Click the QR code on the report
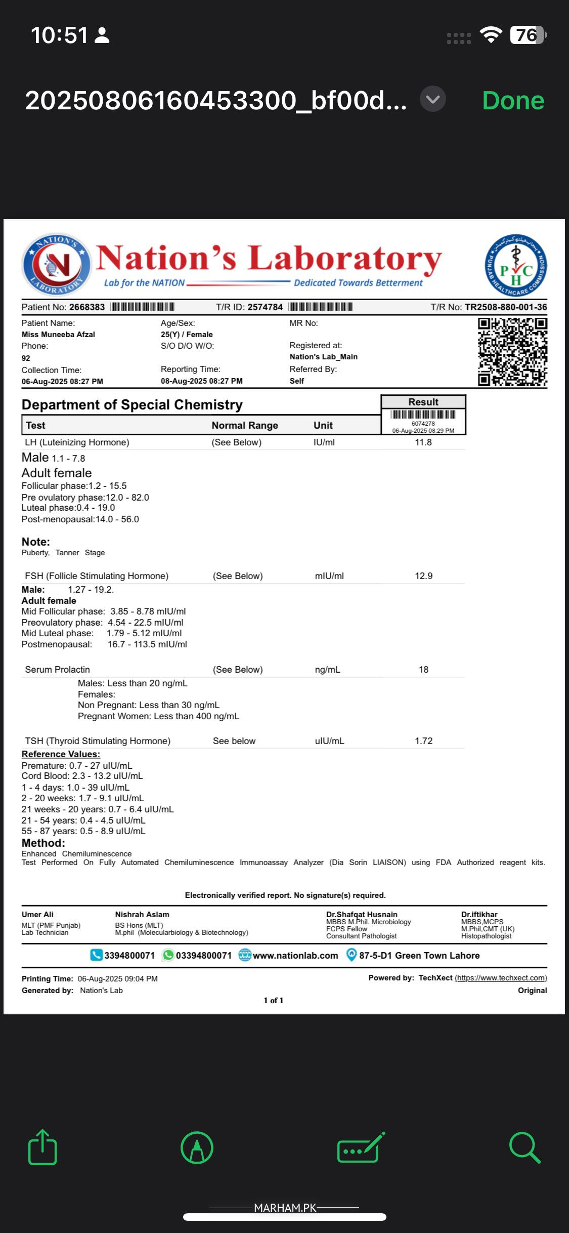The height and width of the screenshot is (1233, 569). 512,352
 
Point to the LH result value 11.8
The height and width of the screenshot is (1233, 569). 423,442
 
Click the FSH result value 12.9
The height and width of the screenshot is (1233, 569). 423,576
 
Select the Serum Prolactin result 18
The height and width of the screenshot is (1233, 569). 423,670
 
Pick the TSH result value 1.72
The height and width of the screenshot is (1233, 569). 423,741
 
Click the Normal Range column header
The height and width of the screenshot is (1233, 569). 245,425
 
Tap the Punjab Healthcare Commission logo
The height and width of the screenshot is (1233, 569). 515,265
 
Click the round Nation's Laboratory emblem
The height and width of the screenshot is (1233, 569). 56,265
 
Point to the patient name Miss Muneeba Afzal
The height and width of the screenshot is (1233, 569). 58,335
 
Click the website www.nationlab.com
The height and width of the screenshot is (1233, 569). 295,956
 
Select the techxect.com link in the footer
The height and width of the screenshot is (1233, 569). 501,978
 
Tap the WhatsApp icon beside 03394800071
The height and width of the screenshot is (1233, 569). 168,955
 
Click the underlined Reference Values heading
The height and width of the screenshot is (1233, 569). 61,754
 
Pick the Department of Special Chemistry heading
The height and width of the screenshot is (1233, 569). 132,405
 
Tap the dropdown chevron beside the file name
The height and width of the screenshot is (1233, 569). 433,99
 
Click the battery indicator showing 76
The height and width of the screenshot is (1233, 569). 528,35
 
